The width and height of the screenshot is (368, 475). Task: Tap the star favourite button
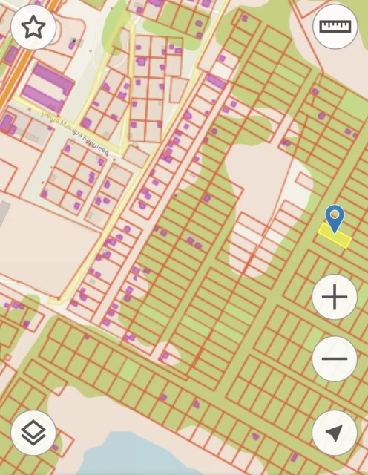pos(33,28)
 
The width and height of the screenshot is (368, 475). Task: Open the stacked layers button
pos(33,433)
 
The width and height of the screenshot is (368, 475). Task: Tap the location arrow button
pos(335,433)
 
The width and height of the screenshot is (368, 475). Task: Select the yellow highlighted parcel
pos(334,236)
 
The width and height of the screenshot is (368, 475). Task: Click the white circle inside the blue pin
pos(335,214)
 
